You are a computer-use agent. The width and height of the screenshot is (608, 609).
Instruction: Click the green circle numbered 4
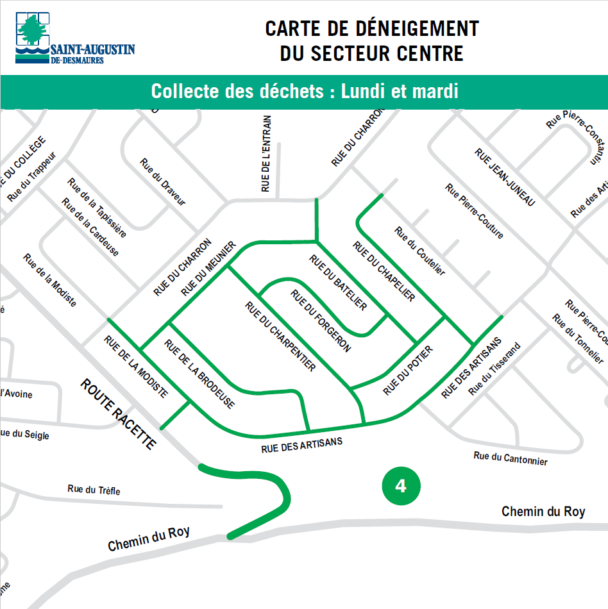pyautogui.click(x=401, y=486)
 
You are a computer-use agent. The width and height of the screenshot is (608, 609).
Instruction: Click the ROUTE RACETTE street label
pyautogui.click(x=118, y=413)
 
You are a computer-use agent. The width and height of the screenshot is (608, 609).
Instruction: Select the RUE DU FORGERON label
pyautogui.click(x=321, y=321)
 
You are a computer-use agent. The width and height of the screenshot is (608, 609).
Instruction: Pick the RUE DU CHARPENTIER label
pyautogui.click(x=280, y=335)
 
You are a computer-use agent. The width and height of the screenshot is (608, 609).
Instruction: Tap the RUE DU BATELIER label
pyautogui.click(x=338, y=282)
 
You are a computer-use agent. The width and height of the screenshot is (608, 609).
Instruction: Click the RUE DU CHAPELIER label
pyautogui.click(x=384, y=271)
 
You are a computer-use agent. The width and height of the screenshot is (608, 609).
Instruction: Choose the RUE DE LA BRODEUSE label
pyautogui.click(x=199, y=374)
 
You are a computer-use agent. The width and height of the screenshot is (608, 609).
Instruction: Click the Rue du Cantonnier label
pyautogui.click(x=511, y=458)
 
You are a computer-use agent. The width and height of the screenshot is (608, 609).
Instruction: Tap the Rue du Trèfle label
pyautogui.click(x=94, y=490)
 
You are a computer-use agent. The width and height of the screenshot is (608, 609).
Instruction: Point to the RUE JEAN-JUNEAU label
pyautogui.click(x=504, y=177)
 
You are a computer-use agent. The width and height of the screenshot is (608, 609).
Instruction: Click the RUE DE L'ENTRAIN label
pyautogui.click(x=267, y=154)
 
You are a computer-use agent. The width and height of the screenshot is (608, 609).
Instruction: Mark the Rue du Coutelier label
pyautogui.click(x=419, y=251)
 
